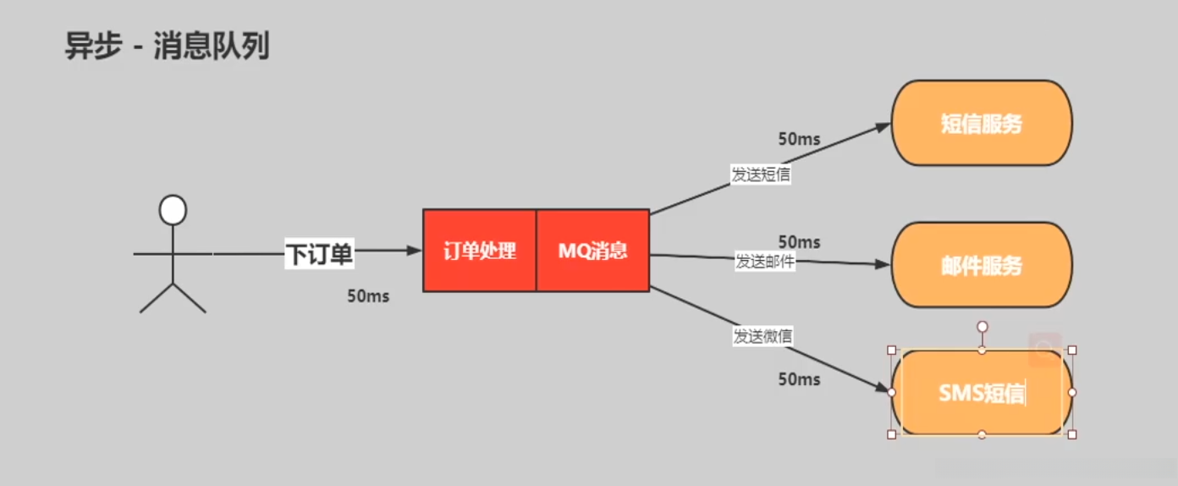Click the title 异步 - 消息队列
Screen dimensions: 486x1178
tap(167, 47)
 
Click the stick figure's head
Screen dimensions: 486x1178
tap(173, 210)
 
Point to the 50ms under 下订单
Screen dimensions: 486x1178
tap(368, 296)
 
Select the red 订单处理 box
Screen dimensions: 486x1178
tap(480, 251)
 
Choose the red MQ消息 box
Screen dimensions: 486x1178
tap(592, 251)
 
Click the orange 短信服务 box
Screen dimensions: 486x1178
tap(982, 124)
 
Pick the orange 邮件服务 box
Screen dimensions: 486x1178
tap(982, 265)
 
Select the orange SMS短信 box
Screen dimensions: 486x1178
tap(982, 393)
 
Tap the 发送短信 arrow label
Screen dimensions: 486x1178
tap(762, 174)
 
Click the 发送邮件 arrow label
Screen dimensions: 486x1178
tap(765, 261)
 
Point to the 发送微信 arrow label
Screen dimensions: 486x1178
tap(762, 336)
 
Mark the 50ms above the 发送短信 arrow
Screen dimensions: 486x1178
tap(799, 139)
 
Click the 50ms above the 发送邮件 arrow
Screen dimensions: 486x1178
tap(799, 242)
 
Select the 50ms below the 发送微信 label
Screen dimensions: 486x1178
tap(799, 379)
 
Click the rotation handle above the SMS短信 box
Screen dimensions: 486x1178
tap(982, 326)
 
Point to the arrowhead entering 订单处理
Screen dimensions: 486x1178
tap(415, 250)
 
